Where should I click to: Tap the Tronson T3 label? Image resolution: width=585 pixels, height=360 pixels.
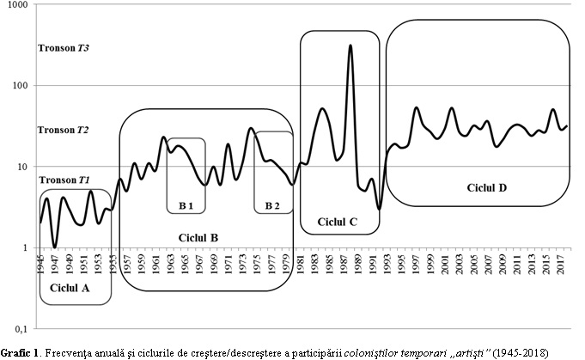(64, 48)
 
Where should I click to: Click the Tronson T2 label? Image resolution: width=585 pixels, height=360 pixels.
(64, 131)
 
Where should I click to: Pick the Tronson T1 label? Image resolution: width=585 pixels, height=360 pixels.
(64, 180)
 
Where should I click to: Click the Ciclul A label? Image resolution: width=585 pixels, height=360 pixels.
(70, 288)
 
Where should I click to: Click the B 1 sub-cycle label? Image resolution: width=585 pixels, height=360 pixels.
(186, 206)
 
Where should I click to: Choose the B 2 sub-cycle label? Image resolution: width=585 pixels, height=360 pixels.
(273, 206)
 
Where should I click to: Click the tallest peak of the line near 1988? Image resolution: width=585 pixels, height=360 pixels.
(350, 46)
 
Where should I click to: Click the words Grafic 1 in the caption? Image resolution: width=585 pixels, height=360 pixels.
(21, 353)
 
